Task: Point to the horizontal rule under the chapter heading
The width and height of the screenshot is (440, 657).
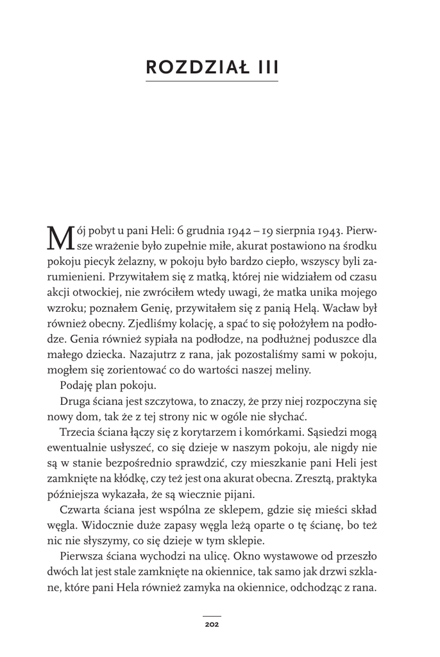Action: coord(212,81)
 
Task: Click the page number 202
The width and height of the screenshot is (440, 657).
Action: coord(212,624)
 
